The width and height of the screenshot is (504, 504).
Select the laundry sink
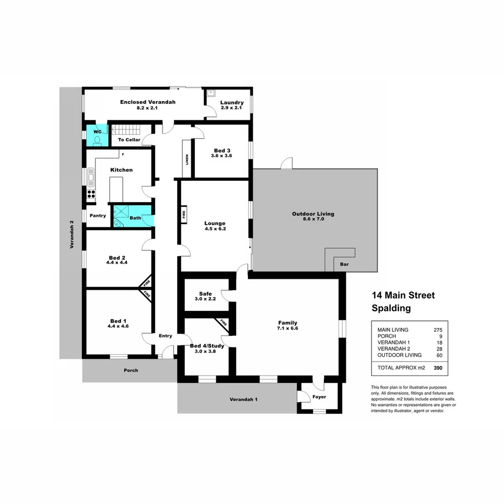point(211,93)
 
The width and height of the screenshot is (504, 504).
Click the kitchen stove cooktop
point(91,194)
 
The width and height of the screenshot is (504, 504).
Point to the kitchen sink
point(91,177)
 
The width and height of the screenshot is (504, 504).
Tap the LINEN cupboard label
point(187,159)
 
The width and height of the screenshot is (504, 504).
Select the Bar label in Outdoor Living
point(344,264)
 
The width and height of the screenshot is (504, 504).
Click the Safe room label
point(205,294)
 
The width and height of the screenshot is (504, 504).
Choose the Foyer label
point(319,397)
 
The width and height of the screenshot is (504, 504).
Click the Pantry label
point(98,216)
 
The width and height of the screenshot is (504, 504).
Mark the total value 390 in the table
point(438,368)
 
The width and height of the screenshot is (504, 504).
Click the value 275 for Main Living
point(437,330)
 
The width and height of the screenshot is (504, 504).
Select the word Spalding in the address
point(391,308)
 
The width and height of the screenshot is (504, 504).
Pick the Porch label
point(131,371)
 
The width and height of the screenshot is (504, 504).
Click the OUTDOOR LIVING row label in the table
point(399,355)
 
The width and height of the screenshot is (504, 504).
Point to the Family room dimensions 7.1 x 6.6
point(287,328)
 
